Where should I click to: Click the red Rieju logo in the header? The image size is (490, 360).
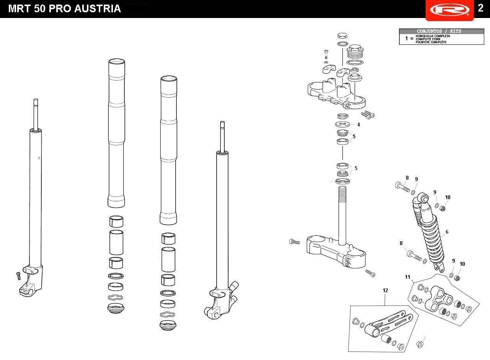(449, 10)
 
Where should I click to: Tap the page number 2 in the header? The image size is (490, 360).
(480, 8)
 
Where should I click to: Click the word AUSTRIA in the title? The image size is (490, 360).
(98, 9)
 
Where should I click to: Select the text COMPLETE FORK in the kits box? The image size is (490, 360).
(428, 39)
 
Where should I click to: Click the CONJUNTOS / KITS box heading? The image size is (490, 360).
(439, 31)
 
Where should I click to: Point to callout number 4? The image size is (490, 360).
(359, 124)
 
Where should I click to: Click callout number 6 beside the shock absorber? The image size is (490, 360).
(447, 232)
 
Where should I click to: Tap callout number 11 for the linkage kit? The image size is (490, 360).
(407, 277)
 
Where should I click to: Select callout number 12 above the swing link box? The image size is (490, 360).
(385, 290)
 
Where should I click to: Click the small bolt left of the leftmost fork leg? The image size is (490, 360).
(18, 276)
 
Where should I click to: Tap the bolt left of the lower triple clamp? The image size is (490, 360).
(295, 242)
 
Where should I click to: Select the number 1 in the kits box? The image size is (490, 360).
(407, 39)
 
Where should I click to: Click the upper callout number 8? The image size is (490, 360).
(407, 178)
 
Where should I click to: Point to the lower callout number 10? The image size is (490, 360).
(462, 264)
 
